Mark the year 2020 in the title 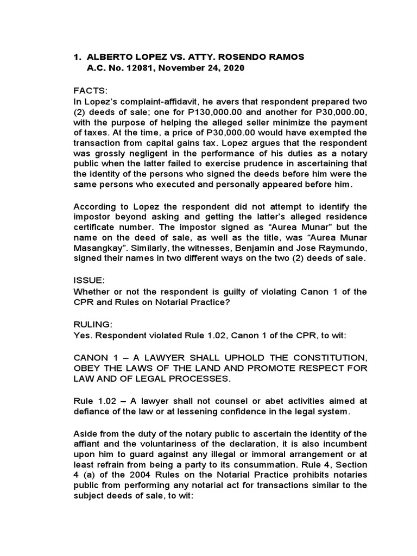click(x=232, y=68)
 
